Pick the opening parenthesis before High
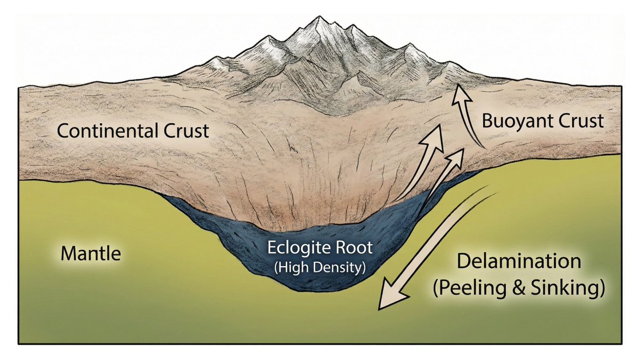(x=276, y=266)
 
